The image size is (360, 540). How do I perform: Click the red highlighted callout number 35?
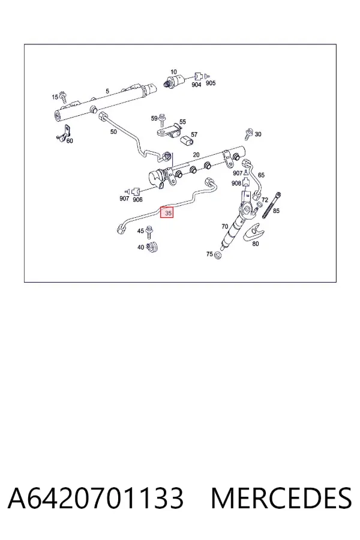point(167,213)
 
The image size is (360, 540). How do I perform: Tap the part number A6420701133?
point(96,498)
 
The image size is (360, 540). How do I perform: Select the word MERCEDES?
point(281,498)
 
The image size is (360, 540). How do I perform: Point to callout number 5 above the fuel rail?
point(107,91)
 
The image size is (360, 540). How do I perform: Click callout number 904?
point(196,85)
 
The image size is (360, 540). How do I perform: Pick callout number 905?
point(211,83)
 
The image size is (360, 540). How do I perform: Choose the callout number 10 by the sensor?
point(173,72)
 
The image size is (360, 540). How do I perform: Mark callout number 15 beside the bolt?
point(55,97)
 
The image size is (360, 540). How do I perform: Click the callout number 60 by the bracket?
point(70,140)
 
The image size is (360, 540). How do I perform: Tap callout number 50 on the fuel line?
point(113,132)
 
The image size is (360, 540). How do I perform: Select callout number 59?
point(154,118)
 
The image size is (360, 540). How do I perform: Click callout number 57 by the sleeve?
point(194,134)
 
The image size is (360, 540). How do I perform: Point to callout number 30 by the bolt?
point(257,134)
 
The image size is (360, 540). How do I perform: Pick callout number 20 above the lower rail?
point(196,155)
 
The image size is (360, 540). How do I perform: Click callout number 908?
point(236,183)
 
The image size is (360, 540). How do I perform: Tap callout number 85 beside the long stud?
point(276,211)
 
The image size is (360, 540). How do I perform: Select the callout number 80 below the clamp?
point(255,244)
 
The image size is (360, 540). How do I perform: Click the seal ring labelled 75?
point(217,256)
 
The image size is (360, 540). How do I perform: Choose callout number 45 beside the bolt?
point(140,231)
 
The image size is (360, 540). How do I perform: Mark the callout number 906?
point(137,200)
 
